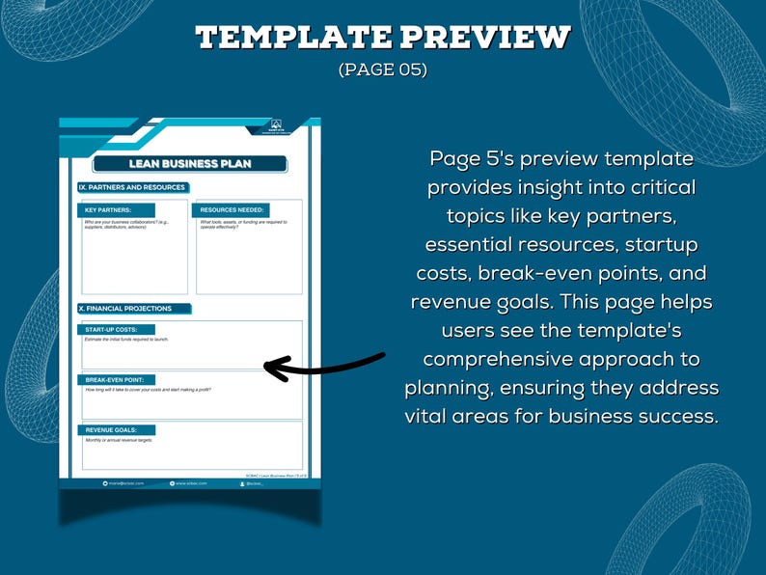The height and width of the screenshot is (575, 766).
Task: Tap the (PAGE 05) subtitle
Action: pyautogui.click(x=382, y=70)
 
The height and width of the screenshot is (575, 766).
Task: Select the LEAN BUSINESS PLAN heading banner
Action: pyautogui.click(x=190, y=164)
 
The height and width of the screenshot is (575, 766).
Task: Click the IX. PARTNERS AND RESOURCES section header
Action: pyautogui.click(x=132, y=187)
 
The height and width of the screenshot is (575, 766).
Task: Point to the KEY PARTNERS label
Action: pyautogui.click(x=108, y=209)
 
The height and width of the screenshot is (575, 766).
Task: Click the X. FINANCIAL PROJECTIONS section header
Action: pyautogui.click(x=125, y=309)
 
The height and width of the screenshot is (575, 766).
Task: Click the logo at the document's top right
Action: pyautogui.click(x=275, y=126)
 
